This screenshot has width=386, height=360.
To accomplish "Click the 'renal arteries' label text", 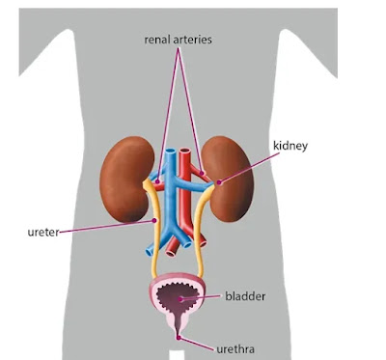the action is [x=178, y=40].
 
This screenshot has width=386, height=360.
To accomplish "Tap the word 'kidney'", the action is [x=290, y=146].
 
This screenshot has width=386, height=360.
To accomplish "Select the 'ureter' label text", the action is [x=43, y=232].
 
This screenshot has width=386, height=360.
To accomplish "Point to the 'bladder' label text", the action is [x=245, y=296].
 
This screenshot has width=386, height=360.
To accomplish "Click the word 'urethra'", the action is [x=235, y=349].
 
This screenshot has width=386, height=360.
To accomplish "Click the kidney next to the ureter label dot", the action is [x=125, y=180].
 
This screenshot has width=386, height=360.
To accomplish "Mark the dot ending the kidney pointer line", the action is [x=219, y=182].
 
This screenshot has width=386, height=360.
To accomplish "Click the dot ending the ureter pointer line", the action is [x=154, y=220].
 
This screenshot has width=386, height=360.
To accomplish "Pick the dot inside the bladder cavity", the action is [x=180, y=299].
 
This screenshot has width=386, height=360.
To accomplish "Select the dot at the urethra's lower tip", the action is [x=179, y=338].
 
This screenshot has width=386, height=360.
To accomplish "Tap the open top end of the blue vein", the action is [x=171, y=151].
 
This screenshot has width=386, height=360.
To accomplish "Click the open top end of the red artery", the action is [x=184, y=151].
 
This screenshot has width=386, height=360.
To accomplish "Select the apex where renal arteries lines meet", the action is [x=178, y=48].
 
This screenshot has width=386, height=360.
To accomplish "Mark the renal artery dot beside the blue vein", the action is [x=157, y=181].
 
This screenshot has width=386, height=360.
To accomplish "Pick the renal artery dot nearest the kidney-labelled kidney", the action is [x=202, y=173].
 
